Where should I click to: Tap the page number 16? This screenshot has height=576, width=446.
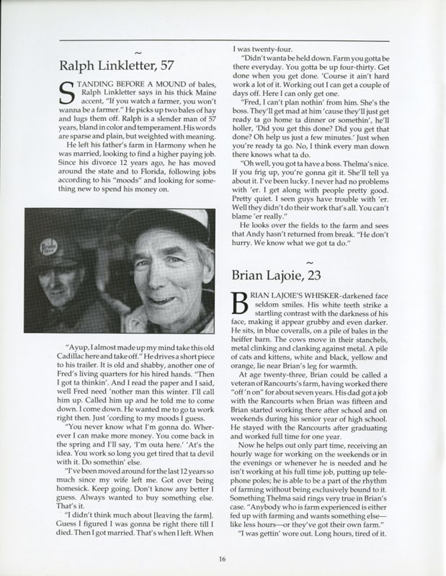click(x=223, y=558)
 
